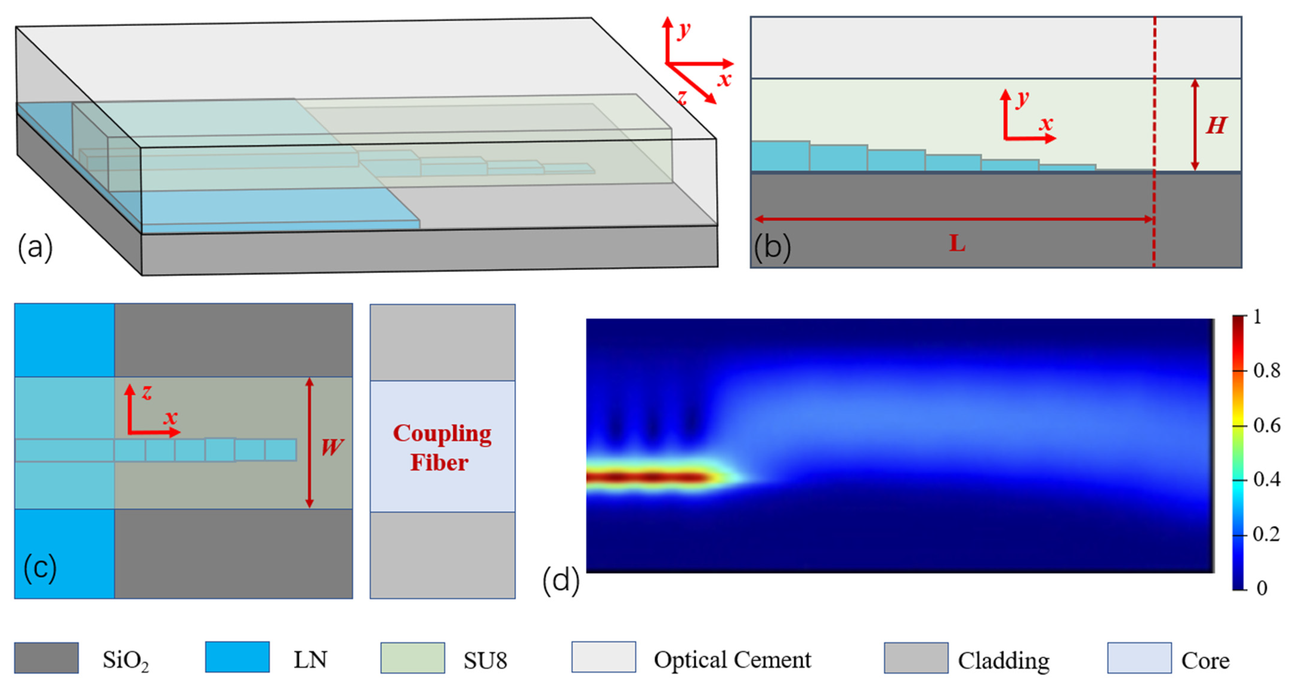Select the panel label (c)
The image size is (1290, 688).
pyautogui.click(x=40, y=568)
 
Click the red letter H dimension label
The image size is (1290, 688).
pyautogui.click(x=1216, y=125)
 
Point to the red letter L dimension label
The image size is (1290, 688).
pyautogui.click(x=957, y=244)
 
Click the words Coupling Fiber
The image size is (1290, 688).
pyautogui.click(x=441, y=448)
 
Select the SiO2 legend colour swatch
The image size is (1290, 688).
pyautogui.click(x=46, y=658)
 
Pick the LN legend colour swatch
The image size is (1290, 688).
pyautogui.click(x=237, y=657)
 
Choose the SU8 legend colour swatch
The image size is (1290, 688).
pyautogui.click(x=413, y=658)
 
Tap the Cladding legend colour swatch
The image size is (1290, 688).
pyautogui.click(x=916, y=658)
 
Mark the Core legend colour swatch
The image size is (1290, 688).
pyautogui.click(x=1139, y=658)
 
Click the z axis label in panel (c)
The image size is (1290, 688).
pyautogui.click(x=146, y=392)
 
